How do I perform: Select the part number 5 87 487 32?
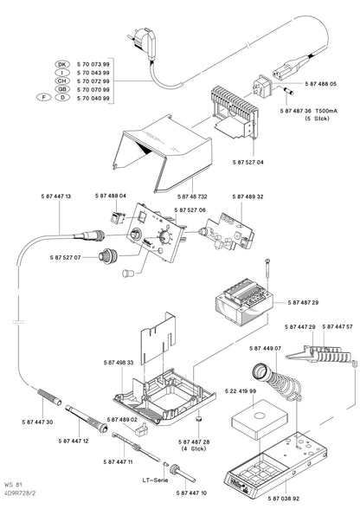[x=176, y=197]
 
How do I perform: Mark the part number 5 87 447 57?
[x=336, y=327]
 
